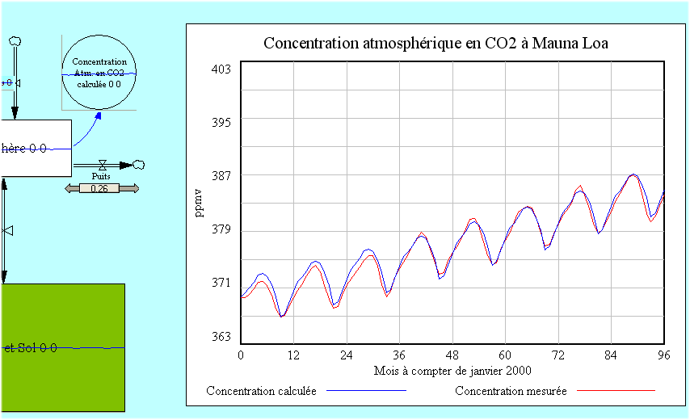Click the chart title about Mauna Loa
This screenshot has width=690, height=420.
click(435, 44)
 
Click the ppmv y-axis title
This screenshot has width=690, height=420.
click(199, 203)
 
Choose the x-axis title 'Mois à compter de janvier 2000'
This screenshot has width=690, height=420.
click(452, 371)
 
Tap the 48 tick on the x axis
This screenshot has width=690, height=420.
click(452, 355)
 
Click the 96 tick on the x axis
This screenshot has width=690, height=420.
click(664, 355)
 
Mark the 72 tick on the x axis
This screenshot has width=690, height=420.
click(558, 355)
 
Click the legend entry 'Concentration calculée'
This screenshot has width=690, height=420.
click(262, 391)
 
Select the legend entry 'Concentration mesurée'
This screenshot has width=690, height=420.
click(511, 391)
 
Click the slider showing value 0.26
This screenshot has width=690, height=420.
click(101, 188)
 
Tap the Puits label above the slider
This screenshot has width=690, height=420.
click(101, 176)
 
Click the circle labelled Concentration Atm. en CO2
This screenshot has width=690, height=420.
click(99, 73)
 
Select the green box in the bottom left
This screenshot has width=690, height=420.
click(62, 347)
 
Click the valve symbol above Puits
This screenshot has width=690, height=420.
click(103, 165)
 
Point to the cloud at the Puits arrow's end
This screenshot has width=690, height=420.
click(139, 164)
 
